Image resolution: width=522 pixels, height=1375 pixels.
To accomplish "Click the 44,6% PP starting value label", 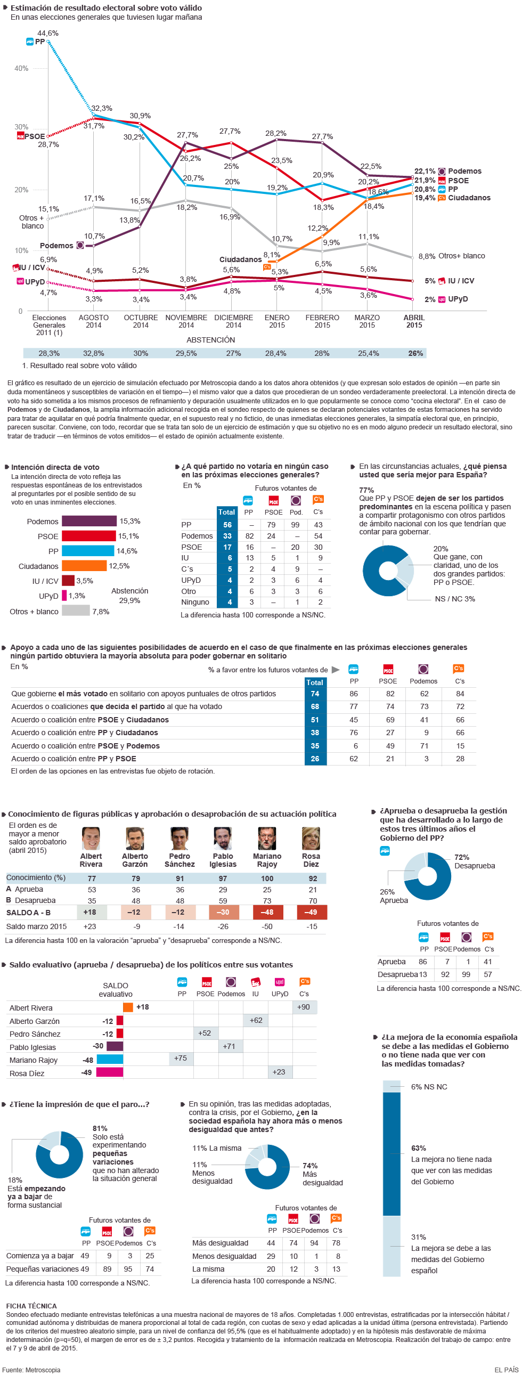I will click(x=48, y=33).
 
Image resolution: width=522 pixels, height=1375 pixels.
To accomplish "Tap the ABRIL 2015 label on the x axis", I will click(x=414, y=321).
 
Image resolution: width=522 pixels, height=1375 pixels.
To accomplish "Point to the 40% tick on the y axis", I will click(x=21, y=68).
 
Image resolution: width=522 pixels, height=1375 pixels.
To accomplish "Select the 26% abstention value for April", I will click(x=415, y=353).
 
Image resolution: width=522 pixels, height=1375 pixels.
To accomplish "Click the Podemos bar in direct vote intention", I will click(x=89, y=521).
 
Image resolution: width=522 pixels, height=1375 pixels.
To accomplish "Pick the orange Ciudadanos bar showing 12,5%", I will click(x=84, y=566).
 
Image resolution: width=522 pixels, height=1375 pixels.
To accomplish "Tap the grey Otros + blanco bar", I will click(x=76, y=611).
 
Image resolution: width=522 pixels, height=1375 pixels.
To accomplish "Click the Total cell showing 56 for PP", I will click(x=227, y=525).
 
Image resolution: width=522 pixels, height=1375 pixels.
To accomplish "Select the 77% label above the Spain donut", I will click(x=366, y=490).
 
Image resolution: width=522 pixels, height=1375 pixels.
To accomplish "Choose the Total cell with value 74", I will click(x=315, y=694).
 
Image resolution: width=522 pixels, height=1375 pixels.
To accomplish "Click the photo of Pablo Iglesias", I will click(x=223, y=839).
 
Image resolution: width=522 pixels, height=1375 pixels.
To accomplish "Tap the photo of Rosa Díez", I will click(x=311, y=839).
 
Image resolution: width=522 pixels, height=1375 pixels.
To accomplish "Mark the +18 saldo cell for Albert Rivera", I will click(x=89, y=912).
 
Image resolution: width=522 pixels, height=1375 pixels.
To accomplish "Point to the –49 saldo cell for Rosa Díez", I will click(x=311, y=912).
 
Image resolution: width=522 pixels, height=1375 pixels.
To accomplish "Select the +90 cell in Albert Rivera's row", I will click(x=304, y=1007).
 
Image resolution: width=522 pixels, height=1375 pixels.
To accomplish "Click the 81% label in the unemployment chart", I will click(x=100, y=1128).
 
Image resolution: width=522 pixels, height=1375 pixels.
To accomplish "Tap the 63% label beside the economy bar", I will click(x=419, y=1148).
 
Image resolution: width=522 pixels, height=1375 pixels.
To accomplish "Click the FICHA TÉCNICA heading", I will click(x=31, y=1306).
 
